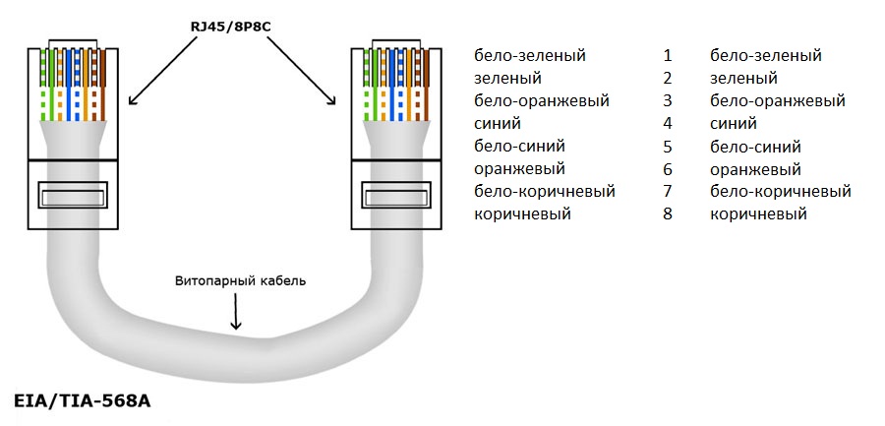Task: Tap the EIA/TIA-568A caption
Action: coord(82,401)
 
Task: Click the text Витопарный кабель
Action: coord(241,280)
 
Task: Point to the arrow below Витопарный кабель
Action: coord(236,312)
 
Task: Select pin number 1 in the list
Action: coord(668,56)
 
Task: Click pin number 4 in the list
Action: coord(668,123)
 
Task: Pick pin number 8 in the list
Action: coord(668,214)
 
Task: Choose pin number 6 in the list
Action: coord(668,169)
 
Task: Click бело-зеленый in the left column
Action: coord(530,56)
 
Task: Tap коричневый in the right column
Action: coord(758,214)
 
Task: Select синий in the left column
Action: coord(498,124)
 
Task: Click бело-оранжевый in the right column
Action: coord(778,101)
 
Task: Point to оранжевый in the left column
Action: coord(520,169)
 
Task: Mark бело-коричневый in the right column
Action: coord(781,192)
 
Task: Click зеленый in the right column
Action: coord(744,79)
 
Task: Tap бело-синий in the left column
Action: coord(520,147)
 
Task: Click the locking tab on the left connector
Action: coord(73,196)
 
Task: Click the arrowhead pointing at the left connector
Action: coord(132,100)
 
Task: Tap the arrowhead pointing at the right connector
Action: coord(332,100)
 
